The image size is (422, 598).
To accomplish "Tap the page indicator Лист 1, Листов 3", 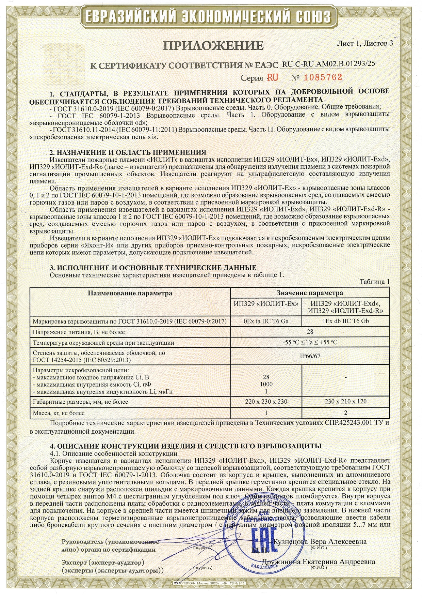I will pyautogui.click(x=365, y=43).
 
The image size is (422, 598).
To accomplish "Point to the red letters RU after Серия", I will pyautogui.click(x=272, y=78).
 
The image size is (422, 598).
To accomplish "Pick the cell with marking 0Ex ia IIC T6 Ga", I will pyautogui.click(x=266, y=321).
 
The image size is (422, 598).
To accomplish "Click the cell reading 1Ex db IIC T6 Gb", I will pyautogui.click(x=345, y=321).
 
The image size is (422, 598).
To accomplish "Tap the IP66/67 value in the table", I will pyautogui.click(x=310, y=356).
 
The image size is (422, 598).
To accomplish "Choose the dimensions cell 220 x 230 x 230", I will pyautogui.click(x=266, y=402).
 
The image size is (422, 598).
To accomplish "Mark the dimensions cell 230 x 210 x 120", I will pyautogui.click(x=345, y=402).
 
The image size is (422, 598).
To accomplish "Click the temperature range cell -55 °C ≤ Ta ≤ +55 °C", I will pyautogui.click(x=310, y=343).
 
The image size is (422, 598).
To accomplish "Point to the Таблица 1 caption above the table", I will pyautogui.click(x=374, y=282).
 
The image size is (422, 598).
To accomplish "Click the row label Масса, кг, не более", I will pyautogui.click(x=59, y=413).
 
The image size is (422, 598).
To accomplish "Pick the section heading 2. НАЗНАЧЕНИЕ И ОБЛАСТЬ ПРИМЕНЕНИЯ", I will pyautogui.click(x=128, y=152).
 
